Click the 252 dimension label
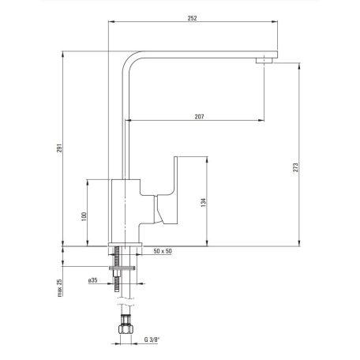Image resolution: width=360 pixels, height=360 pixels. coord(192,18)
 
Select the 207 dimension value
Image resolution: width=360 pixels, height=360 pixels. coord(199,117)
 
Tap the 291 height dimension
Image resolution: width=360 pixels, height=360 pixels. coord(59,148)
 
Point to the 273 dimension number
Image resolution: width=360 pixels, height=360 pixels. coord(296,167)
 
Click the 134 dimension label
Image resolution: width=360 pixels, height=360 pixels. coord(203,202)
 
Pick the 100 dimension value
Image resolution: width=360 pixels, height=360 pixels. coord(84,216)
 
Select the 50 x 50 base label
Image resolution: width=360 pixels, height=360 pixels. coord(163,251)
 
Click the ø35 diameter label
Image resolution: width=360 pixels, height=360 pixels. coord(93,280)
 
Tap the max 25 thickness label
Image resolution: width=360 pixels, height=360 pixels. coord(60,288)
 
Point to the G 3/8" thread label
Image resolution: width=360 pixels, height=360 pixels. coord(152,339)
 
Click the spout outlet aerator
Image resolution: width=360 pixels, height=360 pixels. coord(264,61)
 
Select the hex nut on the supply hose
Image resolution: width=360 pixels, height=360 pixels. coord(126,329)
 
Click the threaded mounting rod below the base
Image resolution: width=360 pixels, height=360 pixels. coord(117,268)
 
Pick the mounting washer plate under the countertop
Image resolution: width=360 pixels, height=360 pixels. coord(122,268)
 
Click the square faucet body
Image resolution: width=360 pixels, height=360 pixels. coord(126,211)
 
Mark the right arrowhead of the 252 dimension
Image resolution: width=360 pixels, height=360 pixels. coord(275,21)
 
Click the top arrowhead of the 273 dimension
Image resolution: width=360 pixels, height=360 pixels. coord(299,66)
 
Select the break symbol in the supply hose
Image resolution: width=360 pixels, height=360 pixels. coord(126,302)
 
